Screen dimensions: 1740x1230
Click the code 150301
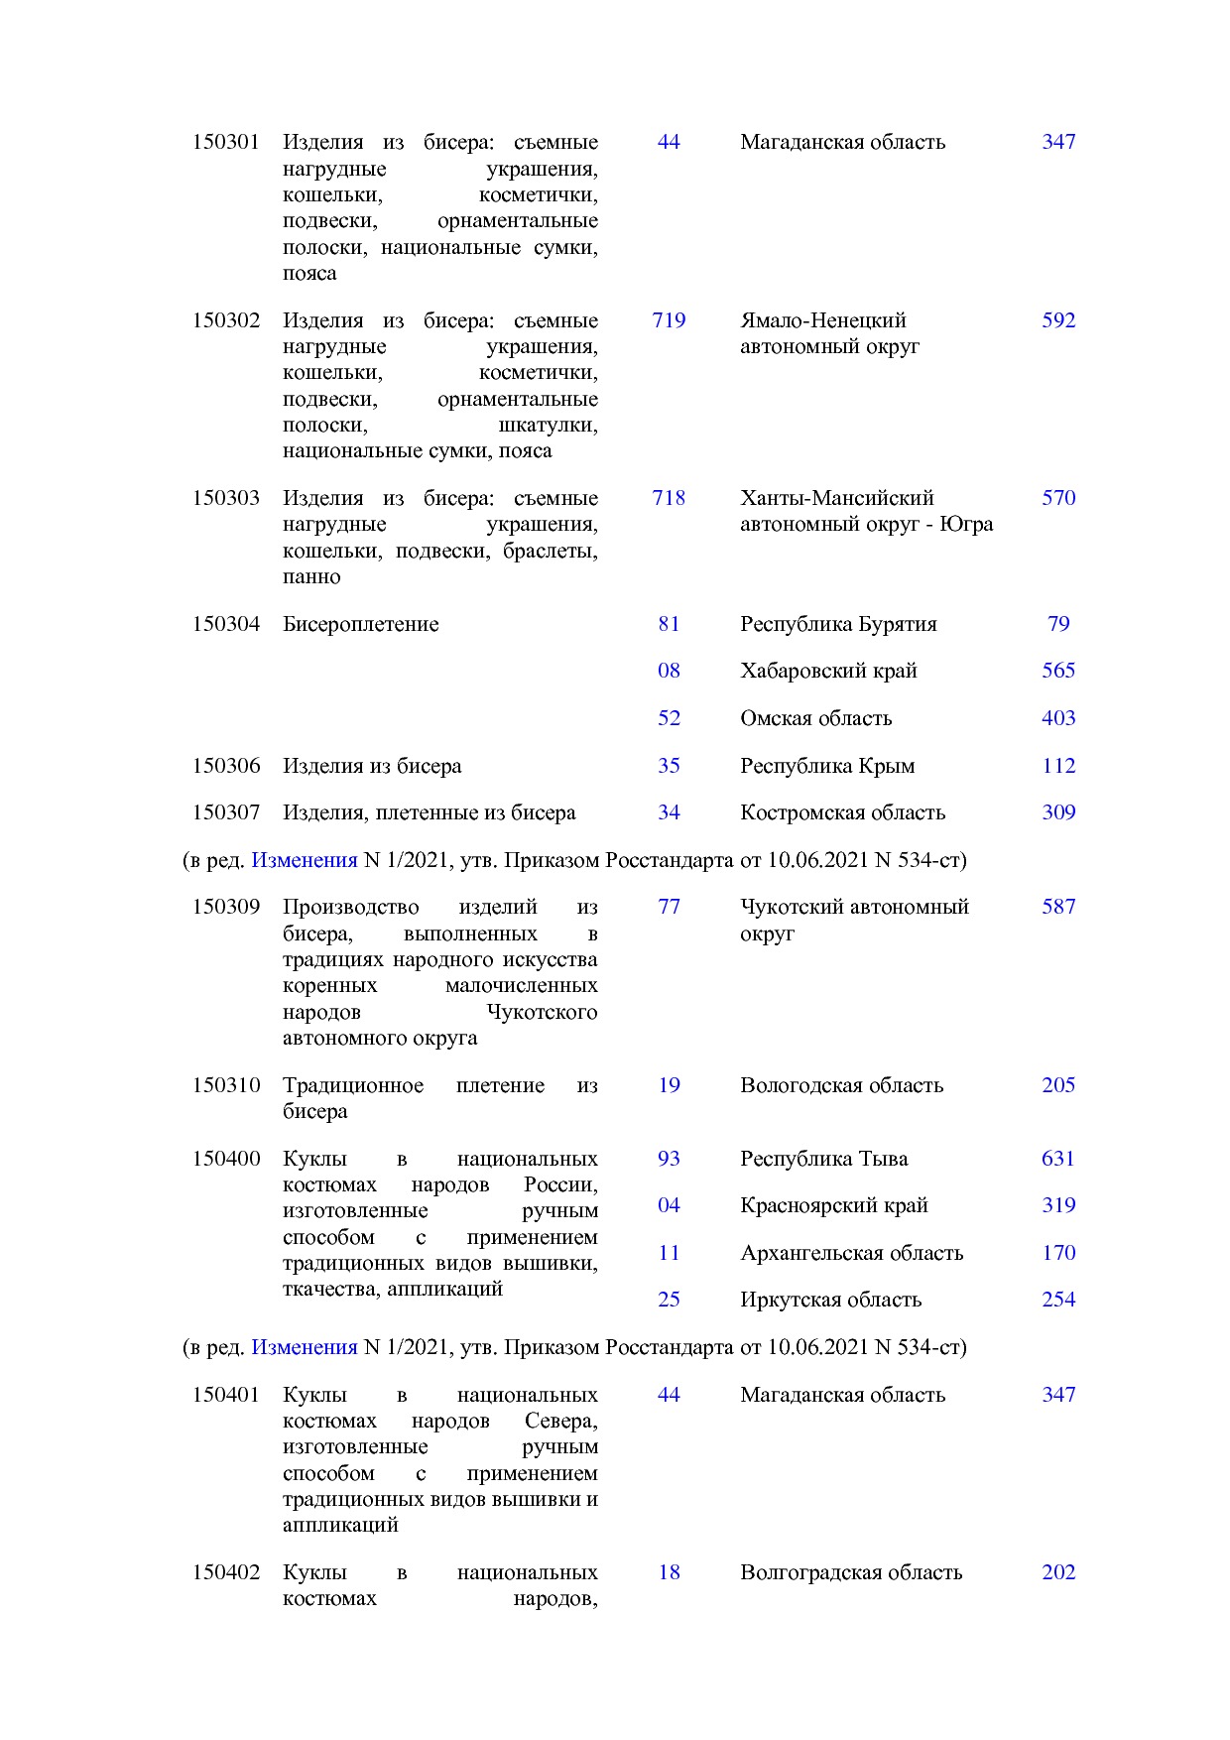[x=225, y=142]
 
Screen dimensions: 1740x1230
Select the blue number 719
[x=669, y=320]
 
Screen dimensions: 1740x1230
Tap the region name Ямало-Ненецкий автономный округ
[x=829, y=333]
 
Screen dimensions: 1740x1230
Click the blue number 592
[x=1058, y=320]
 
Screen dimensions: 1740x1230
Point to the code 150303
[x=225, y=498]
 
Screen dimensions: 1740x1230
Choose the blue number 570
[x=1058, y=498]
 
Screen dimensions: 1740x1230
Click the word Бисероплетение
[x=360, y=624]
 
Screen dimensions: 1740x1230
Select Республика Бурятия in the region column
[x=838, y=624]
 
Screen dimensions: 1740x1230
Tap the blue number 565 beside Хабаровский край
[x=1058, y=671]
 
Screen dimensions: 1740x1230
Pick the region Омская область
[x=815, y=718]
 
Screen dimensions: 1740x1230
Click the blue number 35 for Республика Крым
[x=669, y=766]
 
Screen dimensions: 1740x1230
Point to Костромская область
[x=842, y=812]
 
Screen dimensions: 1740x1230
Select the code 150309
[x=225, y=907]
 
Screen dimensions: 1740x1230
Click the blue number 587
[x=1058, y=907]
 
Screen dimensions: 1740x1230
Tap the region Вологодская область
[x=841, y=1085]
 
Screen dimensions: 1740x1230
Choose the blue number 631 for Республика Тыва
[x=1058, y=1159]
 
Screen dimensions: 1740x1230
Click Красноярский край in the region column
[x=833, y=1205]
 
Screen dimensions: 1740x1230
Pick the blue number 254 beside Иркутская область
[x=1058, y=1300]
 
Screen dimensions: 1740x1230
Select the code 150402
[x=225, y=1572]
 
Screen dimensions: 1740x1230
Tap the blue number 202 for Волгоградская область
[x=1058, y=1572]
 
